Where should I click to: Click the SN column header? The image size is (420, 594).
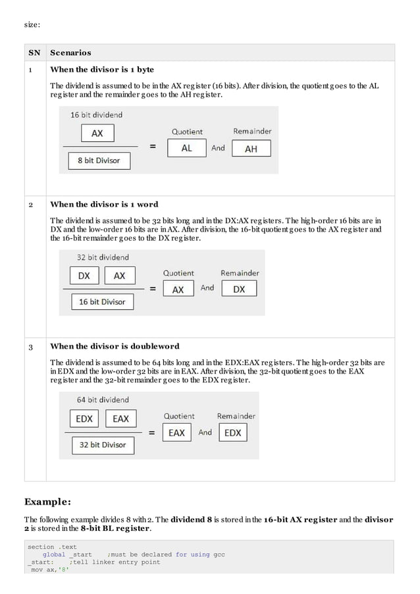(34, 53)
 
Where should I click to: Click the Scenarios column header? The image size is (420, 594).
(70, 53)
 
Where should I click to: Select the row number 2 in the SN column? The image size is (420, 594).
(31, 205)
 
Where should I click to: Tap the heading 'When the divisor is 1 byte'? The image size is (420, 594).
(102, 70)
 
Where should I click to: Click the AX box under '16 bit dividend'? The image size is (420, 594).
(97, 134)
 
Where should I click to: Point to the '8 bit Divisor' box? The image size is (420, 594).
(99, 161)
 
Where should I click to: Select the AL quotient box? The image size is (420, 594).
(186, 149)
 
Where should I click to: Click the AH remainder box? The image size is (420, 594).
(251, 149)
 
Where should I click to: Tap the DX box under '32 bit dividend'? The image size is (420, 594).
(84, 276)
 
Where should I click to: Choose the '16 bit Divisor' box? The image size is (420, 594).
(102, 302)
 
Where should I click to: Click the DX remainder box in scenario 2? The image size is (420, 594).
(239, 289)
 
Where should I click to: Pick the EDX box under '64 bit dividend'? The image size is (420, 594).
(84, 418)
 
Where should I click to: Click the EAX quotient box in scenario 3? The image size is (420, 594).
(176, 433)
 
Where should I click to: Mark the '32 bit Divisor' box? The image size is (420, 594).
(103, 445)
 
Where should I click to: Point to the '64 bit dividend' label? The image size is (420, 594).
(103, 399)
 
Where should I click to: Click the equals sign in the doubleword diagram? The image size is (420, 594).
(152, 433)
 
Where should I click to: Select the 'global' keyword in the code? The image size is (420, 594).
(54, 555)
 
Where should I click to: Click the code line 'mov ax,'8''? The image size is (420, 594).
(49, 569)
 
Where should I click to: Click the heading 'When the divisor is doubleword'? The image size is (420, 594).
(115, 346)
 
